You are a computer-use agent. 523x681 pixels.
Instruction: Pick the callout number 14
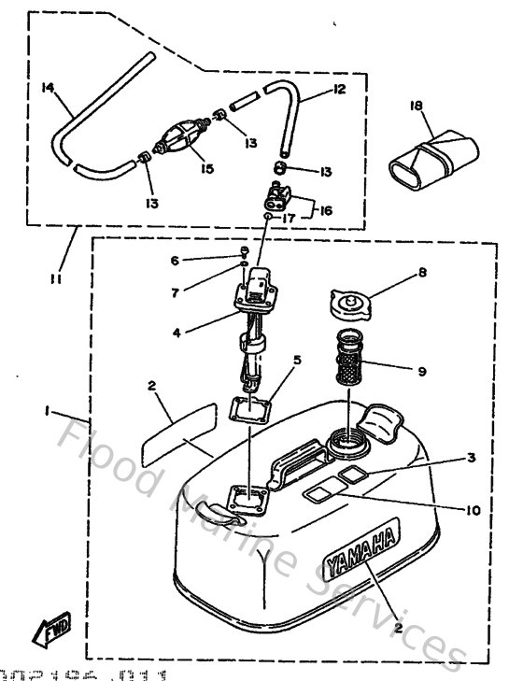point(49,89)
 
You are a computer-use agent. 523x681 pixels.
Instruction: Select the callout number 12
point(338,91)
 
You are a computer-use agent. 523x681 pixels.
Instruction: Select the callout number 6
point(174,261)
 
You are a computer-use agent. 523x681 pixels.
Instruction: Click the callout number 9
point(422,371)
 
